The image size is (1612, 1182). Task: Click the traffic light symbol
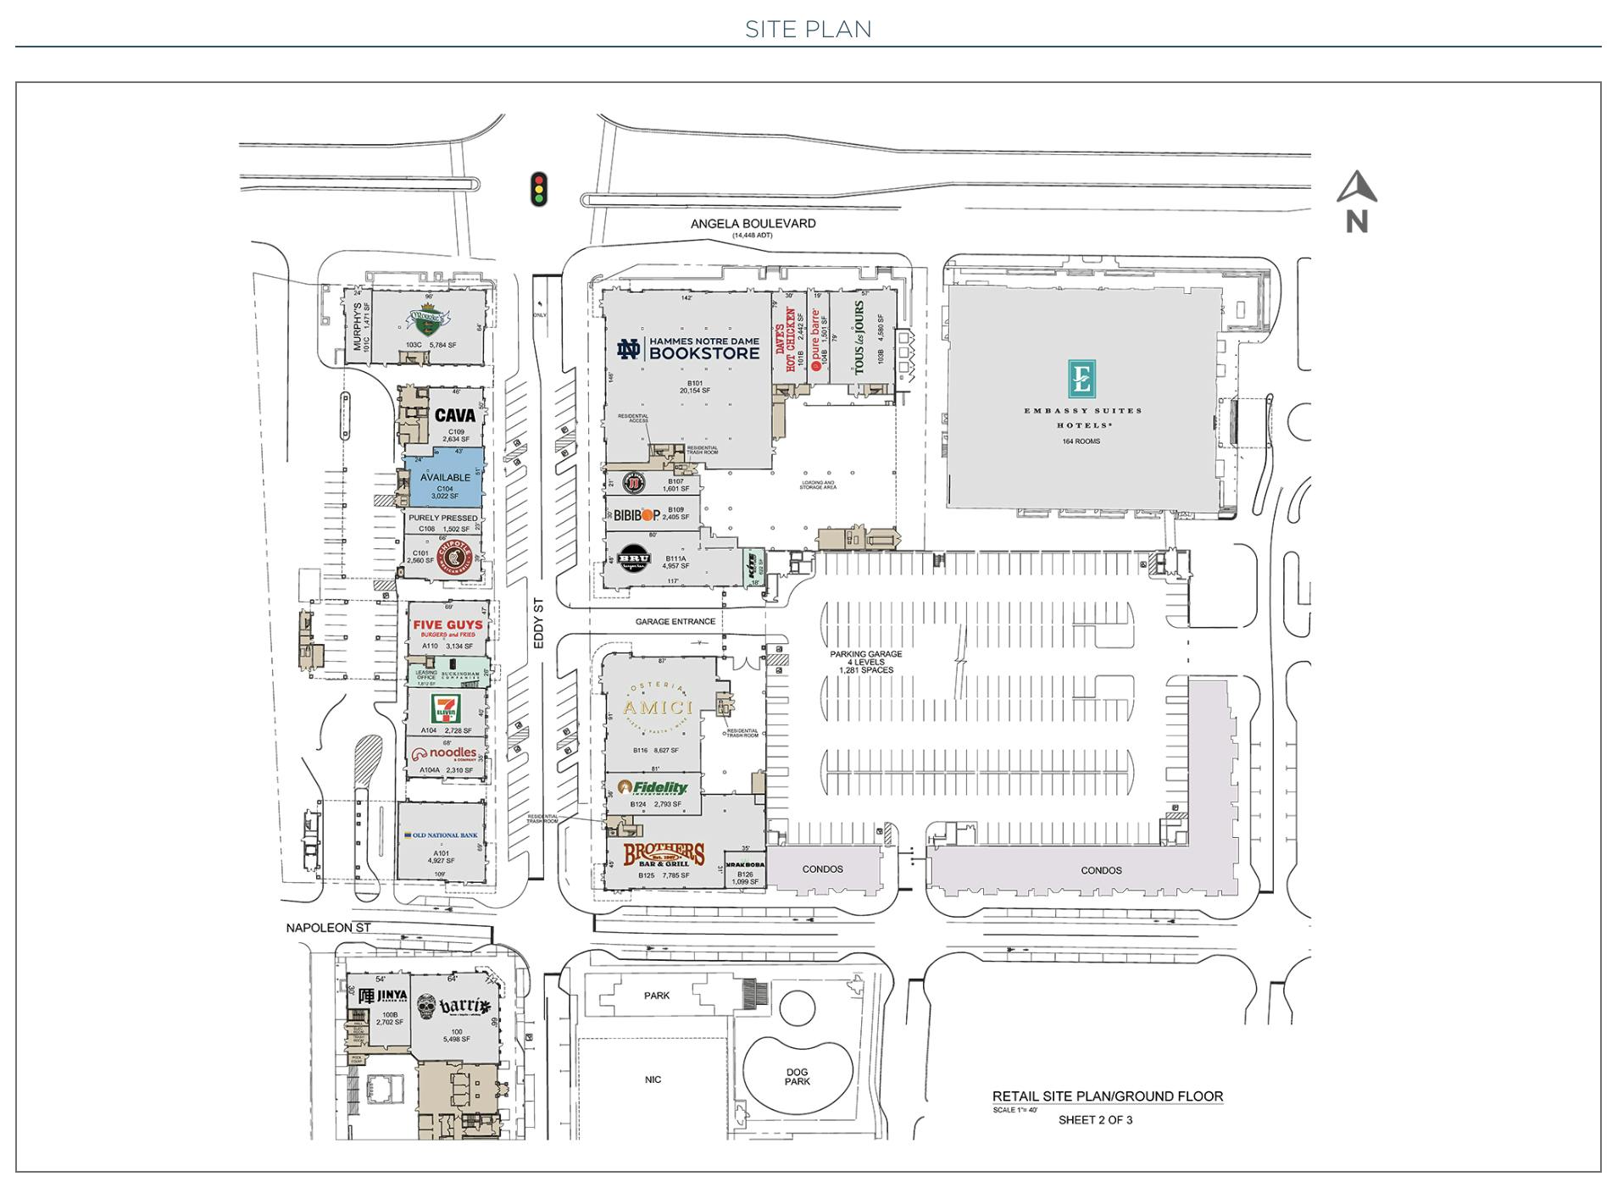(x=538, y=189)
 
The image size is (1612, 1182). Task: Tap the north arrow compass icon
(x=1356, y=201)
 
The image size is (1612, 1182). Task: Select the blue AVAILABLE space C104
(x=444, y=480)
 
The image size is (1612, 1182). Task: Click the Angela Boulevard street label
(x=753, y=224)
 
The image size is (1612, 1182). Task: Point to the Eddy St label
(x=538, y=624)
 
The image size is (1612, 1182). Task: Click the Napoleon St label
(x=328, y=928)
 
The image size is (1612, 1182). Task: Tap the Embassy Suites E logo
(x=1081, y=378)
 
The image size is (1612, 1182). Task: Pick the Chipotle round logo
(x=453, y=557)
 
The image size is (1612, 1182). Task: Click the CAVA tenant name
(x=454, y=415)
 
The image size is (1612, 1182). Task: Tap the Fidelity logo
(x=653, y=787)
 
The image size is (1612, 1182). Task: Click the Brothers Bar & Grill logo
(x=664, y=855)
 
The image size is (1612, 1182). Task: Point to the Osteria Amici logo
(x=658, y=708)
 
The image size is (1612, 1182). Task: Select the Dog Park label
(x=797, y=1076)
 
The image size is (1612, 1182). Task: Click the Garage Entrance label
(x=675, y=621)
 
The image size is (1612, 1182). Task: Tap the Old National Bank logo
(x=441, y=835)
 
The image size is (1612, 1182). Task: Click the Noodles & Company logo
(x=444, y=753)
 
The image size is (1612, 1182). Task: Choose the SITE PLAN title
(x=807, y=30)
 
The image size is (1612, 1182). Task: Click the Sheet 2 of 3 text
(x=1094, y=1119)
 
